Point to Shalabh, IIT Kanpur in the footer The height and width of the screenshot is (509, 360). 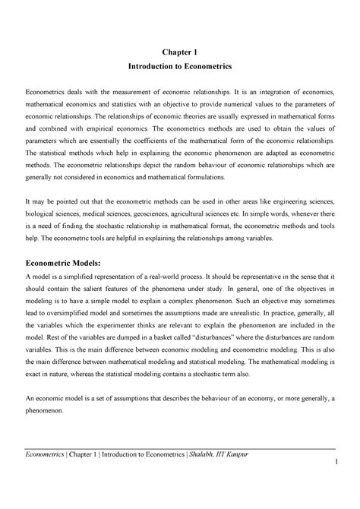pyautogui.click(x=222, y=476)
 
